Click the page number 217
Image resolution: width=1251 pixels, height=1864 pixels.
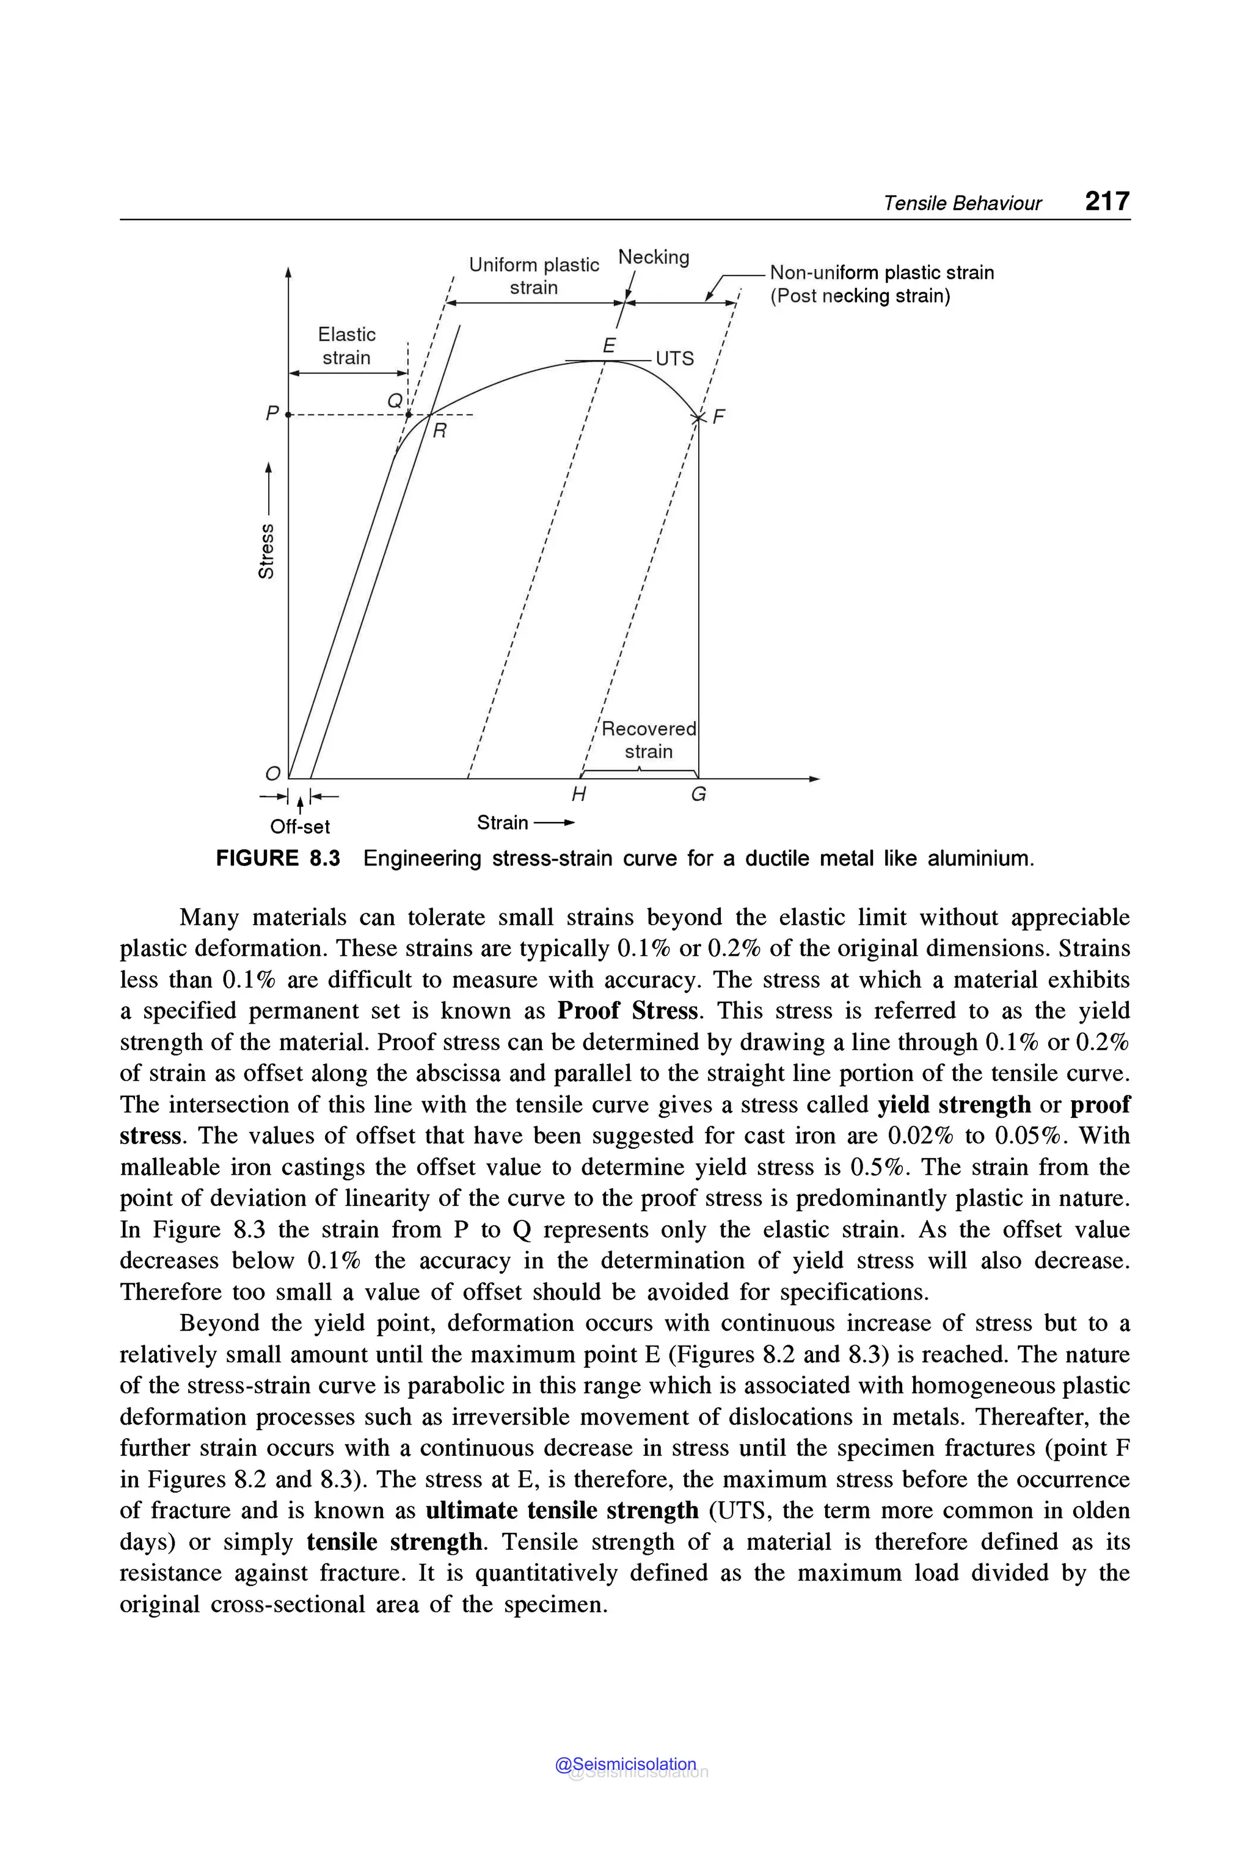point(1107,200)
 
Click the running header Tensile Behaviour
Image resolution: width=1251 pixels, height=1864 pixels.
point(961,204)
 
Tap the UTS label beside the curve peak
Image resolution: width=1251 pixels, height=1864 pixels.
point(674,358)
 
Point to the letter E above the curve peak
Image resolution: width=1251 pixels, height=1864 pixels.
point(609,346)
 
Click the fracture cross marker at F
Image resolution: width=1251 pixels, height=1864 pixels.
point(698,418)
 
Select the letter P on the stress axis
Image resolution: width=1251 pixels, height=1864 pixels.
point(272,414)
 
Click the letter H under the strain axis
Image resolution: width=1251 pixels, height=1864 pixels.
point(578,794)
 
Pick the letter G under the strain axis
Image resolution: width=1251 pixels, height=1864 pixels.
point(698,794)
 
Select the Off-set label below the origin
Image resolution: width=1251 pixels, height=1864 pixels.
point(299,826)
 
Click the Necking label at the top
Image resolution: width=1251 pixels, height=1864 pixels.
point(654,257)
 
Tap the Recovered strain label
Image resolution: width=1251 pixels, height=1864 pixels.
point(648,740)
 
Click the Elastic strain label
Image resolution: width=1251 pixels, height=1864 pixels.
point(346,346)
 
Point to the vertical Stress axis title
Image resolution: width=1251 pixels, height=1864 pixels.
point(266,550)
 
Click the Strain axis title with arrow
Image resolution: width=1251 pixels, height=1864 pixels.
point(524,822)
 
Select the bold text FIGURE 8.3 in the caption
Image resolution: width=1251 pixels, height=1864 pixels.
point(278,859)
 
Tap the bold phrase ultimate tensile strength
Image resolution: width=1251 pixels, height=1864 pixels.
point(562,1510)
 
